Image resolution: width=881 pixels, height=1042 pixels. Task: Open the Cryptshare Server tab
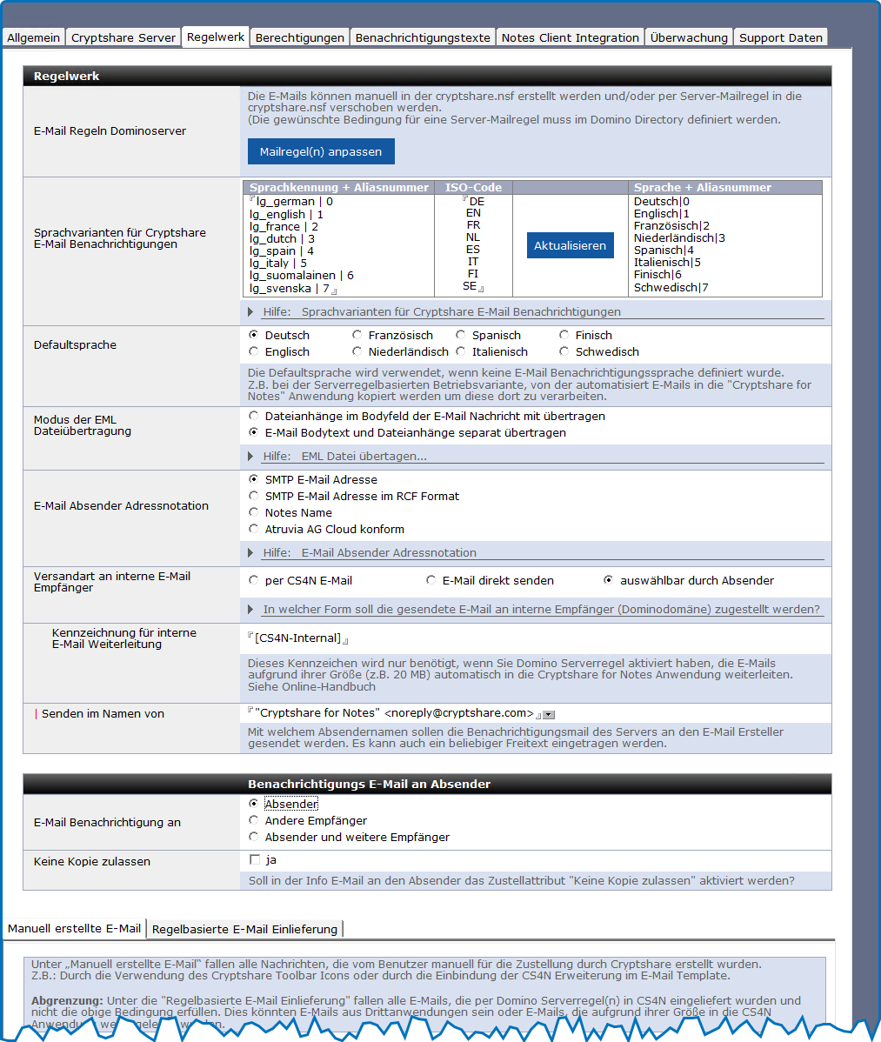pos(123,37)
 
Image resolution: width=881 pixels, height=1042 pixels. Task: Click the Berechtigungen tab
pos(300,37)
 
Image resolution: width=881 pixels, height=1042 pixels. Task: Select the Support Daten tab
pos(780,37)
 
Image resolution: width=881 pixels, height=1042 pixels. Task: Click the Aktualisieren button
pos(570,245)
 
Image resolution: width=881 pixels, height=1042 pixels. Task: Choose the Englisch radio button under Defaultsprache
pos(254,351)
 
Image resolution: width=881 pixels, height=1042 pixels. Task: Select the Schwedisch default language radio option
pos(564,351)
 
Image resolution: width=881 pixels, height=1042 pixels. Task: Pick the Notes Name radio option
pos(254,512)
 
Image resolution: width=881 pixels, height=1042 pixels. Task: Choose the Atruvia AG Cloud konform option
pos(254,529)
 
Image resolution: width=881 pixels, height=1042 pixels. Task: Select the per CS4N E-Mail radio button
pos(254,580)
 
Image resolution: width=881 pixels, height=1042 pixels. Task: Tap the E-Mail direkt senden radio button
pos(431,580)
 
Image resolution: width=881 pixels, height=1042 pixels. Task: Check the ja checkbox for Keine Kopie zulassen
pos(255,860)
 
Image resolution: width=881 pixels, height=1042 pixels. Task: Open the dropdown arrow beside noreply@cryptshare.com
pos(549,714)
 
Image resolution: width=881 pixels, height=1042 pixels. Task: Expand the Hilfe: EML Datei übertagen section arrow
pos(251,456)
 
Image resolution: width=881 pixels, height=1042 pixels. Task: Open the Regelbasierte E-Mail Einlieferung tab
pos(244,929)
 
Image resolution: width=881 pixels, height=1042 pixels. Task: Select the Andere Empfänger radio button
pos(254,820)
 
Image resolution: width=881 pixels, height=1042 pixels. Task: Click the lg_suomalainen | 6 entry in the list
pos(301,275)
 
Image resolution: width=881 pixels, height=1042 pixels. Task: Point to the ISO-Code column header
pos(473,187)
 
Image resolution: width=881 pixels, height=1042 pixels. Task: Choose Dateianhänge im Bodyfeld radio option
pos(254,416)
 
